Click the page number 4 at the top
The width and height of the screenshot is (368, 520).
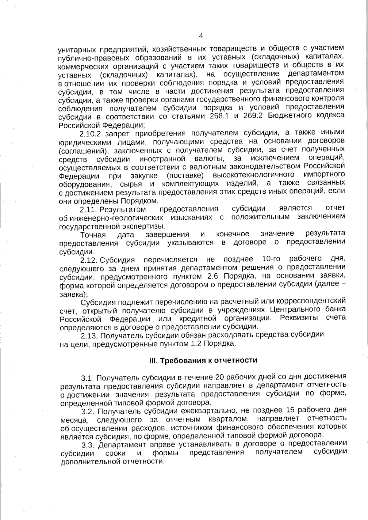(201, 36)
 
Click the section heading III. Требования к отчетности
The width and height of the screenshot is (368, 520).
(203, 360)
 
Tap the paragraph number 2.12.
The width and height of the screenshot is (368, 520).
(89, 260)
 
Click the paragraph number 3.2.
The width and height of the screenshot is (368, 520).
(88, 411)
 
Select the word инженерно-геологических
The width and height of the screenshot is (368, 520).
(117, 218)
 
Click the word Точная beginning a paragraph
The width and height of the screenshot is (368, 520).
(93, 235)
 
